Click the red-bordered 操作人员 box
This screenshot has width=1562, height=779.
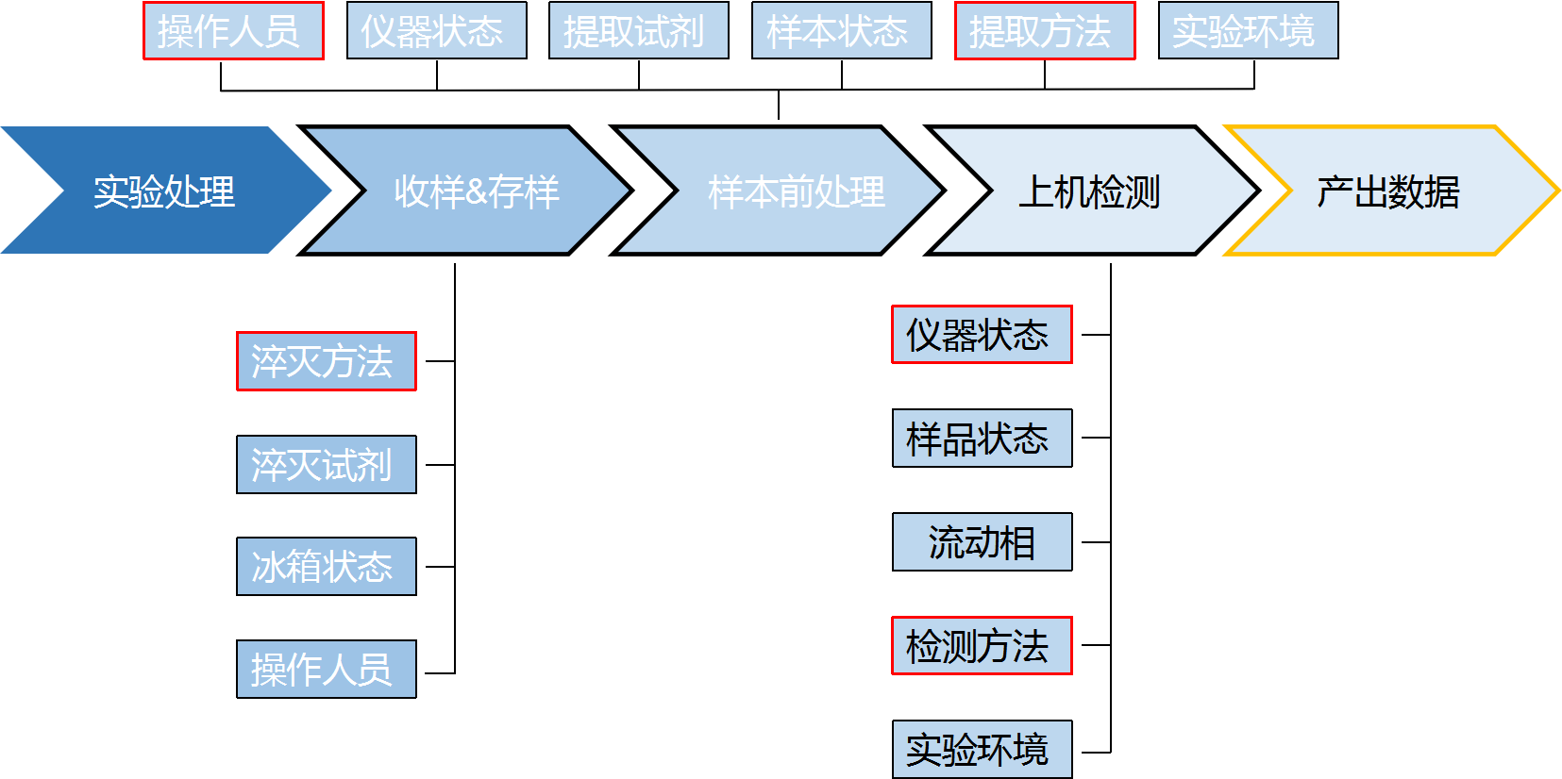233,31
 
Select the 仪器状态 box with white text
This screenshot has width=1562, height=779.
436,31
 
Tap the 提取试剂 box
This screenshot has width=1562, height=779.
638,31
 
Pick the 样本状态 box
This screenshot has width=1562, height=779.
841,31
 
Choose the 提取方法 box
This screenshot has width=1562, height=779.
1045,31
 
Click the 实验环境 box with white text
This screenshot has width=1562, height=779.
1248,31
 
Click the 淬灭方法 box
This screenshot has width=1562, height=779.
326,361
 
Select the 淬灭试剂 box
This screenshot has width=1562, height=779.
326,464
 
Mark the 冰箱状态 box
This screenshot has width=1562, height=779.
326,566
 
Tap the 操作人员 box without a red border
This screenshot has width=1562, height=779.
326,669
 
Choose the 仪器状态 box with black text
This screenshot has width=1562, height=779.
982,335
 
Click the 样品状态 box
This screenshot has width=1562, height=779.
982,438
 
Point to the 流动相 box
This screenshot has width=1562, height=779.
982,541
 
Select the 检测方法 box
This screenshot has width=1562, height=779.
982,646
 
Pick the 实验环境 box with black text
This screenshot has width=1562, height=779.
982,749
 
